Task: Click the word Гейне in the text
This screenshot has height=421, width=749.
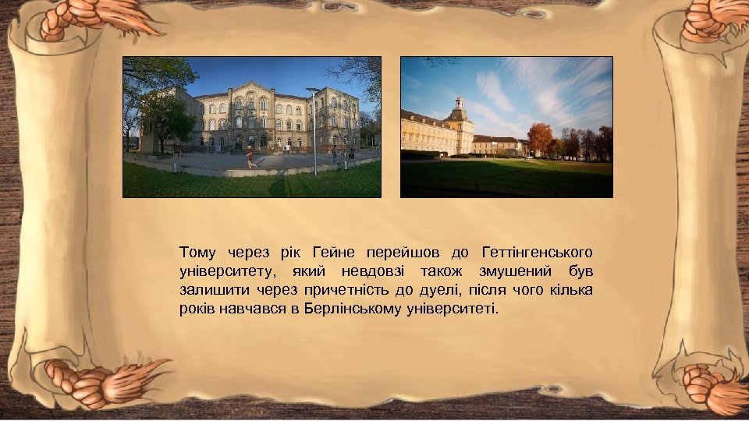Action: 333,252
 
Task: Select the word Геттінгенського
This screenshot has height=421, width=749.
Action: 538,252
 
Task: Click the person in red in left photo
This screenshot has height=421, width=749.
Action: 250,157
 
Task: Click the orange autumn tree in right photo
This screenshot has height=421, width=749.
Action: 539,138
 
